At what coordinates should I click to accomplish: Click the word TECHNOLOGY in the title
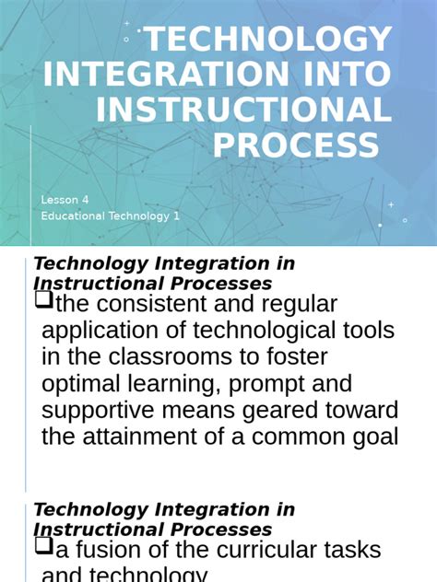click(268, 41)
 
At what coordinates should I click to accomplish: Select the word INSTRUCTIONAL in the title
click(244, 110)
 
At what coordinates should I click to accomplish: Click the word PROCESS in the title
click(296, 145)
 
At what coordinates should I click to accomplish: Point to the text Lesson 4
click(65, 200)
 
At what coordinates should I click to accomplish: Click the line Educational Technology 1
click(111, 216)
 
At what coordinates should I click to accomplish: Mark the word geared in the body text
click(296, 411)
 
